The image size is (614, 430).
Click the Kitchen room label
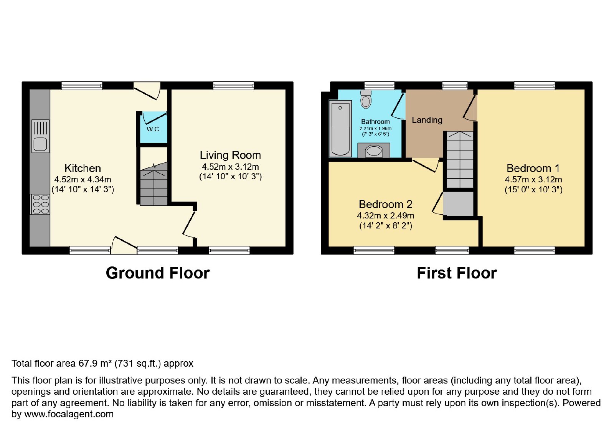(x=83, y=168)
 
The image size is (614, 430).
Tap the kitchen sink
(x=40, y=136)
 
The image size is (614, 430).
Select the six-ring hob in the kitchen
(x=41, y=204)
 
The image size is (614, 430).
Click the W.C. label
(x=153, y=129)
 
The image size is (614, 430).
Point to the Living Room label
(x=230, y=155)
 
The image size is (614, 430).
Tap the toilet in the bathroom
(x=366, y=99)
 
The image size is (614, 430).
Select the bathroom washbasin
(x=374, y=151)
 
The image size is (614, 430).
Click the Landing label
(x=427, y=120)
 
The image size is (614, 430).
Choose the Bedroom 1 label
(x=533, y=168)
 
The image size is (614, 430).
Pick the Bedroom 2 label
(x=385, y=204)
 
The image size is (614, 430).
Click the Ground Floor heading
(x=158, y=273)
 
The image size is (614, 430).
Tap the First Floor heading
(x=457, y=273)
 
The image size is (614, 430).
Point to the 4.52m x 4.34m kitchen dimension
(x=83, y=180)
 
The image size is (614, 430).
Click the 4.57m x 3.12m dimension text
(x=533, y=180)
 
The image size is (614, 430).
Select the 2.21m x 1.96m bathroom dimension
(x=376, y=128)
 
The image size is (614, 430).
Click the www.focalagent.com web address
(x=69, y=414)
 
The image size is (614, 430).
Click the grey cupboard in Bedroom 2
(x=458, y=204)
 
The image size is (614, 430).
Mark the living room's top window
(x=234, y=86)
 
